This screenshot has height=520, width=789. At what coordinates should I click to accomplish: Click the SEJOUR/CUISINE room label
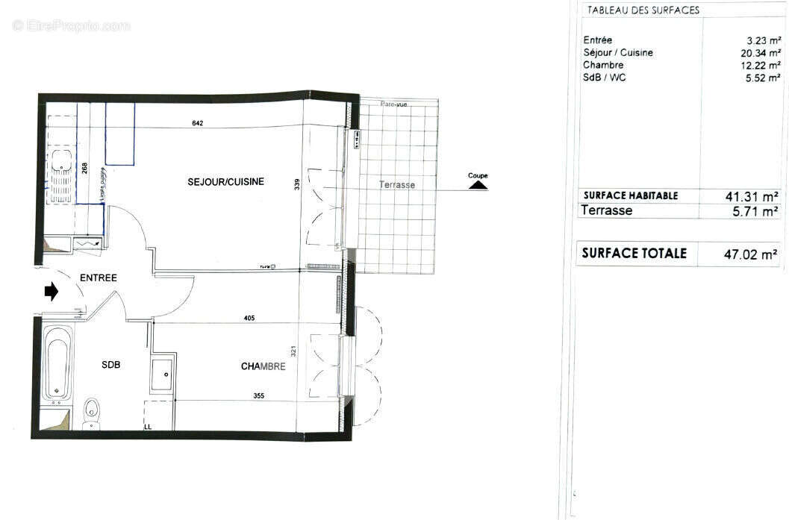[225, 181]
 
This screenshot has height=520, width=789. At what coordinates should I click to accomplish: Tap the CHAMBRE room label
[263, 366]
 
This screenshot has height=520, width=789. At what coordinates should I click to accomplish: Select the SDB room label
[111, 365]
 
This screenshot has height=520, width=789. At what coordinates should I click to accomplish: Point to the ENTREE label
[99, 278]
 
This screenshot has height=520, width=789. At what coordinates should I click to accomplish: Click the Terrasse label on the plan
[396, 184]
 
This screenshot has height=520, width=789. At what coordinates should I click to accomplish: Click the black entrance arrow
[52, 292]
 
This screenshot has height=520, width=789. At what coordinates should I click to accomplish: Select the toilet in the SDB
[92, 410]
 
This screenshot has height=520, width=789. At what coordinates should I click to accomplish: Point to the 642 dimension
[198, 123]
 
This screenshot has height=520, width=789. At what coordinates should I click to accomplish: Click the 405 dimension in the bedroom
[249, 318]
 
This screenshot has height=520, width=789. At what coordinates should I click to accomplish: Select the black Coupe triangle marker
[478, 184]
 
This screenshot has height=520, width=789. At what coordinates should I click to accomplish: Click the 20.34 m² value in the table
[755, 53]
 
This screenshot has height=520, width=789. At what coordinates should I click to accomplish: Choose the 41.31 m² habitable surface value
[752, 196]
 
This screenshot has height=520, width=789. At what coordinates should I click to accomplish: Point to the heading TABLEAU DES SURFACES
[643, 10]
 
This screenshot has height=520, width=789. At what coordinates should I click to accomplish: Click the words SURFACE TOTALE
[634, 253]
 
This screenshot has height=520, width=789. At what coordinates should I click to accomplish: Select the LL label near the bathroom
[148, 427]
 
